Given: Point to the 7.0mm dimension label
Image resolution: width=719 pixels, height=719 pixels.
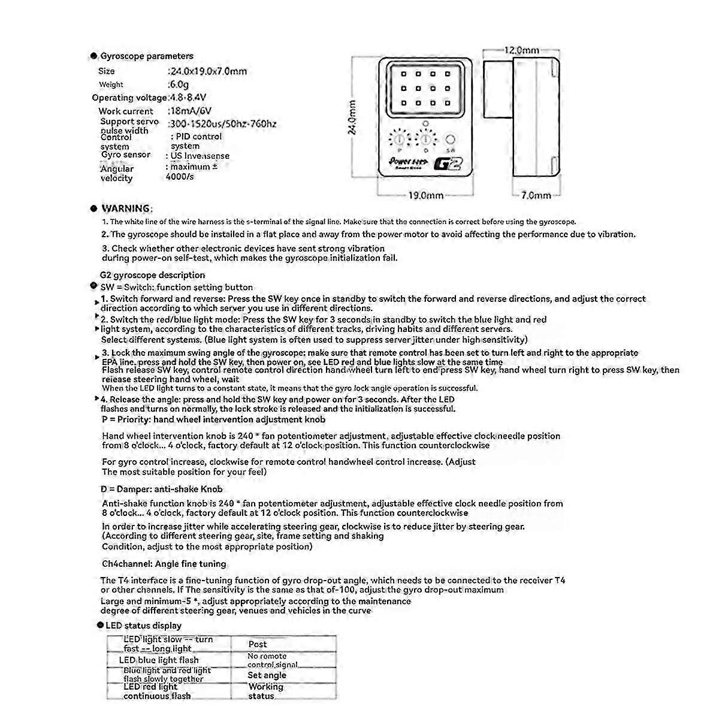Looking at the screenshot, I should point(536,195).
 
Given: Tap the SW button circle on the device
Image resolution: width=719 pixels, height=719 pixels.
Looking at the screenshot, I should point(451,140).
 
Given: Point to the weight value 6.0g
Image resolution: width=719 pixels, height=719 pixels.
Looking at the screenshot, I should point(179,84).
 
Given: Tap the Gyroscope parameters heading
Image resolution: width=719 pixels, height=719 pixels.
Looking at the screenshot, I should point(147,56).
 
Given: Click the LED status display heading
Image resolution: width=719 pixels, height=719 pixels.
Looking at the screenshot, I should point(143,626).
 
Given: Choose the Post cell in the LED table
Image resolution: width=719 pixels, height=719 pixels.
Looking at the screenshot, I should point(258,644).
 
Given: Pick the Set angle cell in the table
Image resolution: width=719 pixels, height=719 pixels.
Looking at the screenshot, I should point(267,675).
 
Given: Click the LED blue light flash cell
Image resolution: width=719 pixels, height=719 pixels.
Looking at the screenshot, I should point(159,660).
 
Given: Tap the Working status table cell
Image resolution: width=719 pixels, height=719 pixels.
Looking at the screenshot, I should point(265,691).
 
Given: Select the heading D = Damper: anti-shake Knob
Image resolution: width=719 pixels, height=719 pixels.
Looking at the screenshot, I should point(162,489).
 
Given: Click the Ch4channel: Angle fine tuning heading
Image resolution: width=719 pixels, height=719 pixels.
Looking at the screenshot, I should point(164,564).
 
